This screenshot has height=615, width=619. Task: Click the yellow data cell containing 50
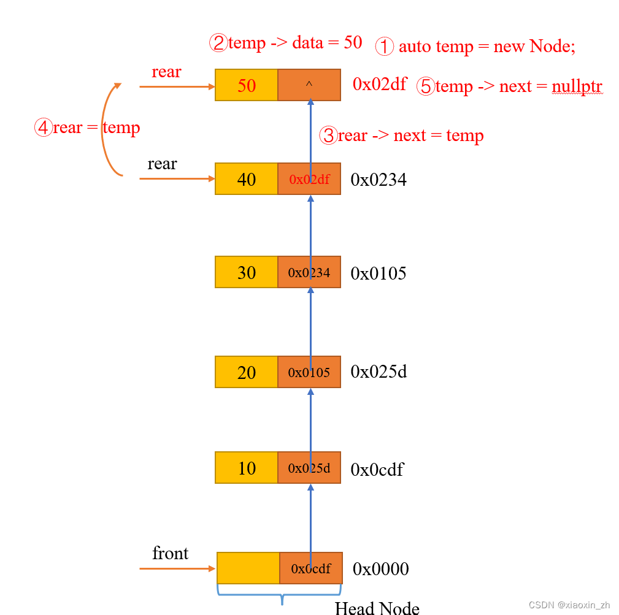pyautogui.click(x=247, y=85)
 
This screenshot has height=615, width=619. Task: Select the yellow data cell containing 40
pyautogui.click(x=247, y=179)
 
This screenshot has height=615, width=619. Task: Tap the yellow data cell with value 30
pyautogui.click(x=247, y=272)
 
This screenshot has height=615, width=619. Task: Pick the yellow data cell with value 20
pyautogui.click(x=247, y=372)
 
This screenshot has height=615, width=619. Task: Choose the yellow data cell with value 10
pyautogui.click(x=247, y=468)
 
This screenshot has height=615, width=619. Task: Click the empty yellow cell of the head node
pyautogui.click(x=248, y=568)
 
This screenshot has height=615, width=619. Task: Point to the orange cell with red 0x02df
pyautogui.click(x=309, y=179)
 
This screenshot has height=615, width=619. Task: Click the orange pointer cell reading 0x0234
pyautogui.click(x=309, y=272)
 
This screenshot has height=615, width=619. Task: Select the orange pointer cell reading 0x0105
pyautogui.click(x=309, y=372)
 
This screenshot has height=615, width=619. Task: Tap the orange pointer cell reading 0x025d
pyautogui.click(x=309, y=468)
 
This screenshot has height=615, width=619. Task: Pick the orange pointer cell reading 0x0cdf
pyautogui.click(x=311, y=568)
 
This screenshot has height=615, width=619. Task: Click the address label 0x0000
pyautogui.click(x=380, y=569)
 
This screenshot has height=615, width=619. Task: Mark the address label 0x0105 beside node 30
pyautogui.click(x=379, y=273)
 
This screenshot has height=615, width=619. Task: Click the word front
pyautogui.click(x=170, y=553)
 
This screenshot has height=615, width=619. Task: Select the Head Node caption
pyautogui.click(x=377, y=608)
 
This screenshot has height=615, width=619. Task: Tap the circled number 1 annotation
pyautogui.click(x=384, y=47)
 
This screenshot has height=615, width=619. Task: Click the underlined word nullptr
pyautogui.click(x=577, y=86)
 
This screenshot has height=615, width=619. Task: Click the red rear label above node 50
pyautogui.click(x=166, y=72)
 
